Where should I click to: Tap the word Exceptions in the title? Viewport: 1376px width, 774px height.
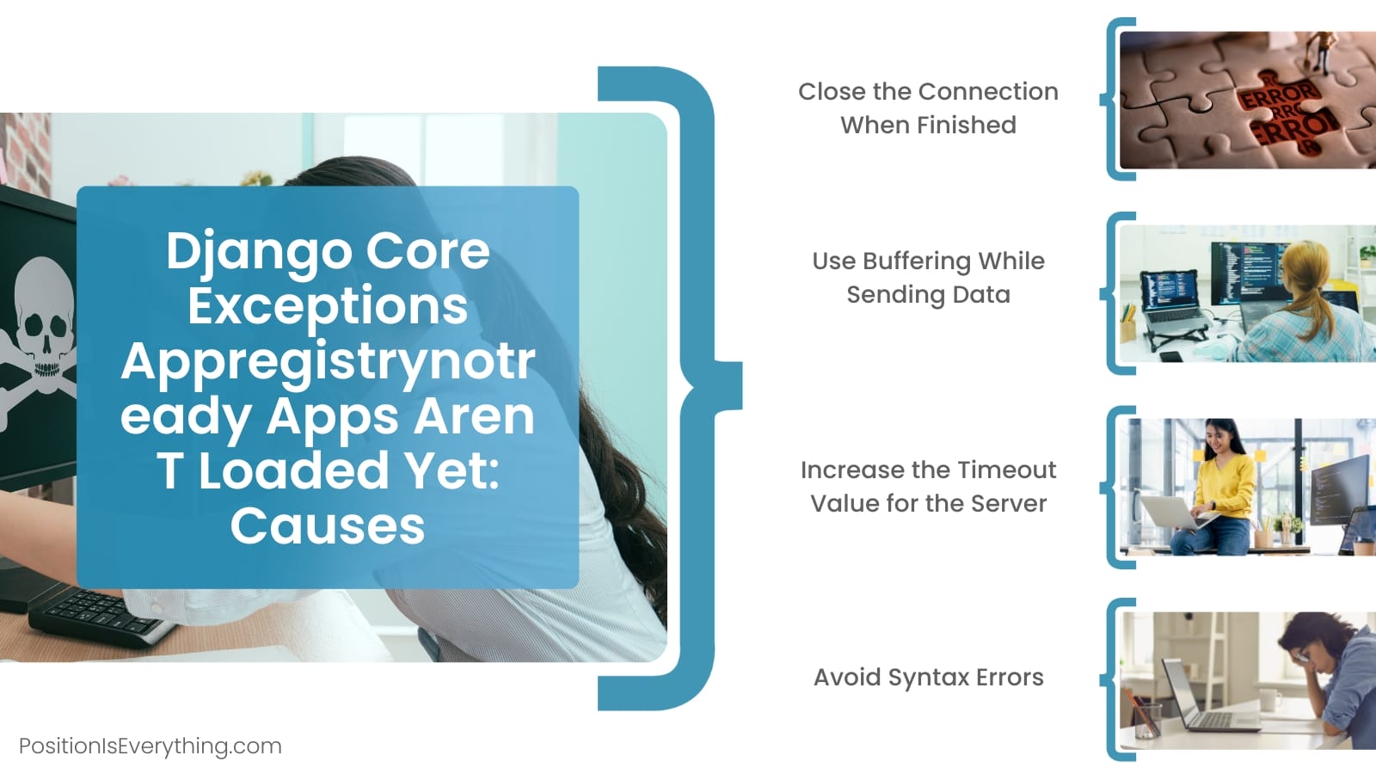[328, 306]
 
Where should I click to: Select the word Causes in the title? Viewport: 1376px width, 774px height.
[328, 525]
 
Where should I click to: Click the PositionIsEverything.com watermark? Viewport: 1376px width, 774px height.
[150, 746]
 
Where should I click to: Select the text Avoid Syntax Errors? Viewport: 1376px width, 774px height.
[928, 678]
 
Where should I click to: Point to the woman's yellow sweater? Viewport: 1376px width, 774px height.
[1221, 487]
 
